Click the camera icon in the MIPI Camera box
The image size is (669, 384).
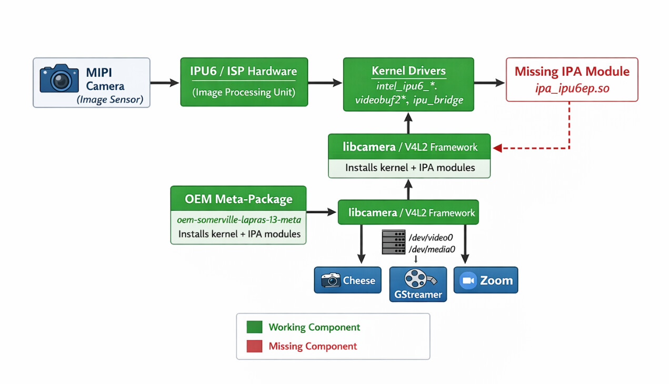pyautogui.click(x=59, y=79)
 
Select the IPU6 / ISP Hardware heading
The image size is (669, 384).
pyautogui.click(x=243, y=71)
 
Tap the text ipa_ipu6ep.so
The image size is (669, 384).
pyautogui.click(x=572, y=88)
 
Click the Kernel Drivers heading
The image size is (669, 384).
pyautogui.click(x=408, y=71)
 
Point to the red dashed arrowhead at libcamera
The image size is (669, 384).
pyautogui.click(x=496, y=149)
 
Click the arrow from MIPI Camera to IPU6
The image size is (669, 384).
pyautogui.click(x=165, y=82)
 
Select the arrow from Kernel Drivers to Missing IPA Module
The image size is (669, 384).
pyautogui.click(x=489, y=82)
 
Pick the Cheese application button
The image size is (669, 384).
pyautogui.click(x=347, y=280)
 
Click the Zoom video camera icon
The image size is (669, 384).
pyautogui.click(x=467, y=280)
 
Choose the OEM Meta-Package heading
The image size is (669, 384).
pyautogui.click(x=238, y=199)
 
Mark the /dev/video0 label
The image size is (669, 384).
pyautogui.click(x=431, y=238)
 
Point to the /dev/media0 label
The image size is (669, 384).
pyautogui.click(x=432, y=249)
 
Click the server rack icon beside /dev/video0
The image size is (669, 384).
pyautogui.click(x=394, y=242)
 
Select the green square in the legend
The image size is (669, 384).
pyautogui.click(x=254, y=327)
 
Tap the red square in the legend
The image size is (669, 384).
pyautogui.click(x=254, y=346)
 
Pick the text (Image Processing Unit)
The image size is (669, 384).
pyautogui.click(x=243, y=92)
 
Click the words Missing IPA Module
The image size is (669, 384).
pyautogui.click(x=572, y=71)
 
